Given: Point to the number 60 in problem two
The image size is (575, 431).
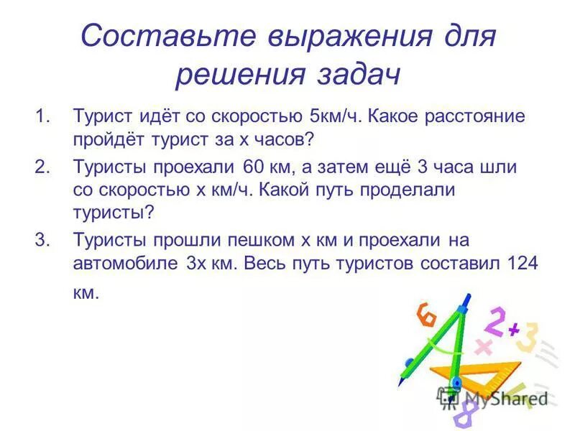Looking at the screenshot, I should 254,167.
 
